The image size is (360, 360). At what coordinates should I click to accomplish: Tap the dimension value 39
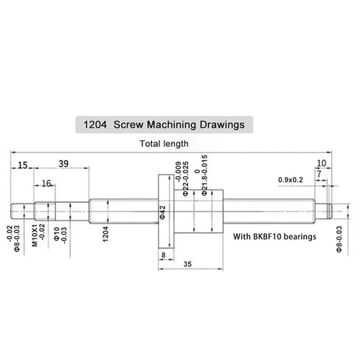pyautogui.click(x=64, y=164)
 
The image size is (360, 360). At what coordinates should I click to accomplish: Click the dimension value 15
pyautogui.click(x=24, y=165)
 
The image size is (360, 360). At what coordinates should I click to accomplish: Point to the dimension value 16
pyautogui.click(x=46, y=184)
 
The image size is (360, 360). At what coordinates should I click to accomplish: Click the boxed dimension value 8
pyautogui.click(x=162, y=255)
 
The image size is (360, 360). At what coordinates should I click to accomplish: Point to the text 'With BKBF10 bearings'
pyautogui.click(x=274, y=237)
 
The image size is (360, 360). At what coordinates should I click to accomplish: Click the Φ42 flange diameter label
pyautogui.click(x=162, y=212)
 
